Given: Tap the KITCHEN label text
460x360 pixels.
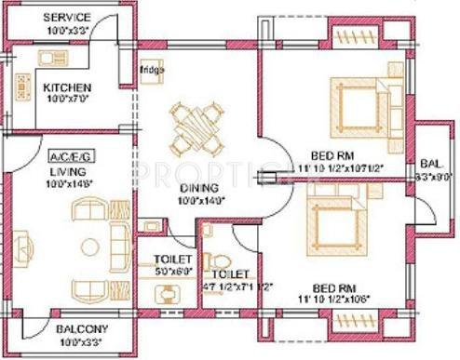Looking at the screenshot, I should pos(65,89).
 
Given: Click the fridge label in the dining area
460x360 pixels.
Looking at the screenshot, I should pos(151,69).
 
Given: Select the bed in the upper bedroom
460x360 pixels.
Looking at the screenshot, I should pos(355,97).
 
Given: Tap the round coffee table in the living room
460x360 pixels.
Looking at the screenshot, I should pos(90,247).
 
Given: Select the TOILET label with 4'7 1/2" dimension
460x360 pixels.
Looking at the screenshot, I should pos(229,274).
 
